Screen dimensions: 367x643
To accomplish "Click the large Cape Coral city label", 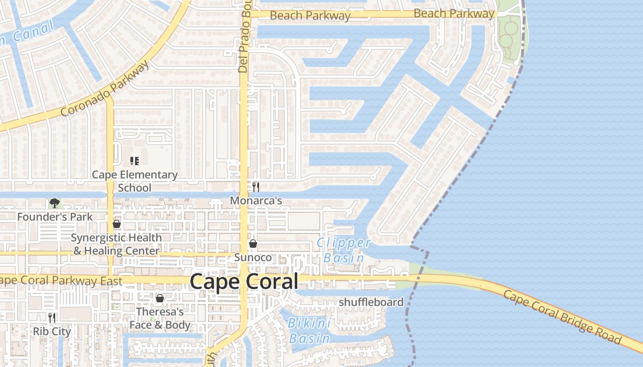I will coord(244,281).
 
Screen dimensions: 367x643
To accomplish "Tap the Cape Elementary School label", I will coord(135,181).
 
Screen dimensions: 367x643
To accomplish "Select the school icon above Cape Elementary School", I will coord(134,161).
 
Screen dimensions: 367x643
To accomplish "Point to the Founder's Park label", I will coord(55,217).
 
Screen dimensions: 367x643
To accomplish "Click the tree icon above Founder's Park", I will coord(55,203).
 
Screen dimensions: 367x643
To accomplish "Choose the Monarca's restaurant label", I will coord(256,201).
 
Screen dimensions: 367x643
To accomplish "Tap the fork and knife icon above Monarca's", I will coord(256,187).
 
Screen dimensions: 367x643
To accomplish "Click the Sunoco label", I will coord(253,257).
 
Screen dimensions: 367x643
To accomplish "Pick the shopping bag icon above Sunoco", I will coord(253,244).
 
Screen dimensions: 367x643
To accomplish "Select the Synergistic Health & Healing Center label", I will coord(117,245).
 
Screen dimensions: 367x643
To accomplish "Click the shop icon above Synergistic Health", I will coord(117,224).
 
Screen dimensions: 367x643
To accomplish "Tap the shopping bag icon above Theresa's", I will coord(160,299).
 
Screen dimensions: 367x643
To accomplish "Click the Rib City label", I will coord(52,332).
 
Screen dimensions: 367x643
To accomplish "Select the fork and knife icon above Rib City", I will coord(52,317).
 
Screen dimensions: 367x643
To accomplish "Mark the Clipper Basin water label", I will coord(344,250).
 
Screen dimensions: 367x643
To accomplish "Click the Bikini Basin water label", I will coord(310,331).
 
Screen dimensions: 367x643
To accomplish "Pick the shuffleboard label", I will coord(371,302).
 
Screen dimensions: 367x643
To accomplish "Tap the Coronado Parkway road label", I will coord(105,89).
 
